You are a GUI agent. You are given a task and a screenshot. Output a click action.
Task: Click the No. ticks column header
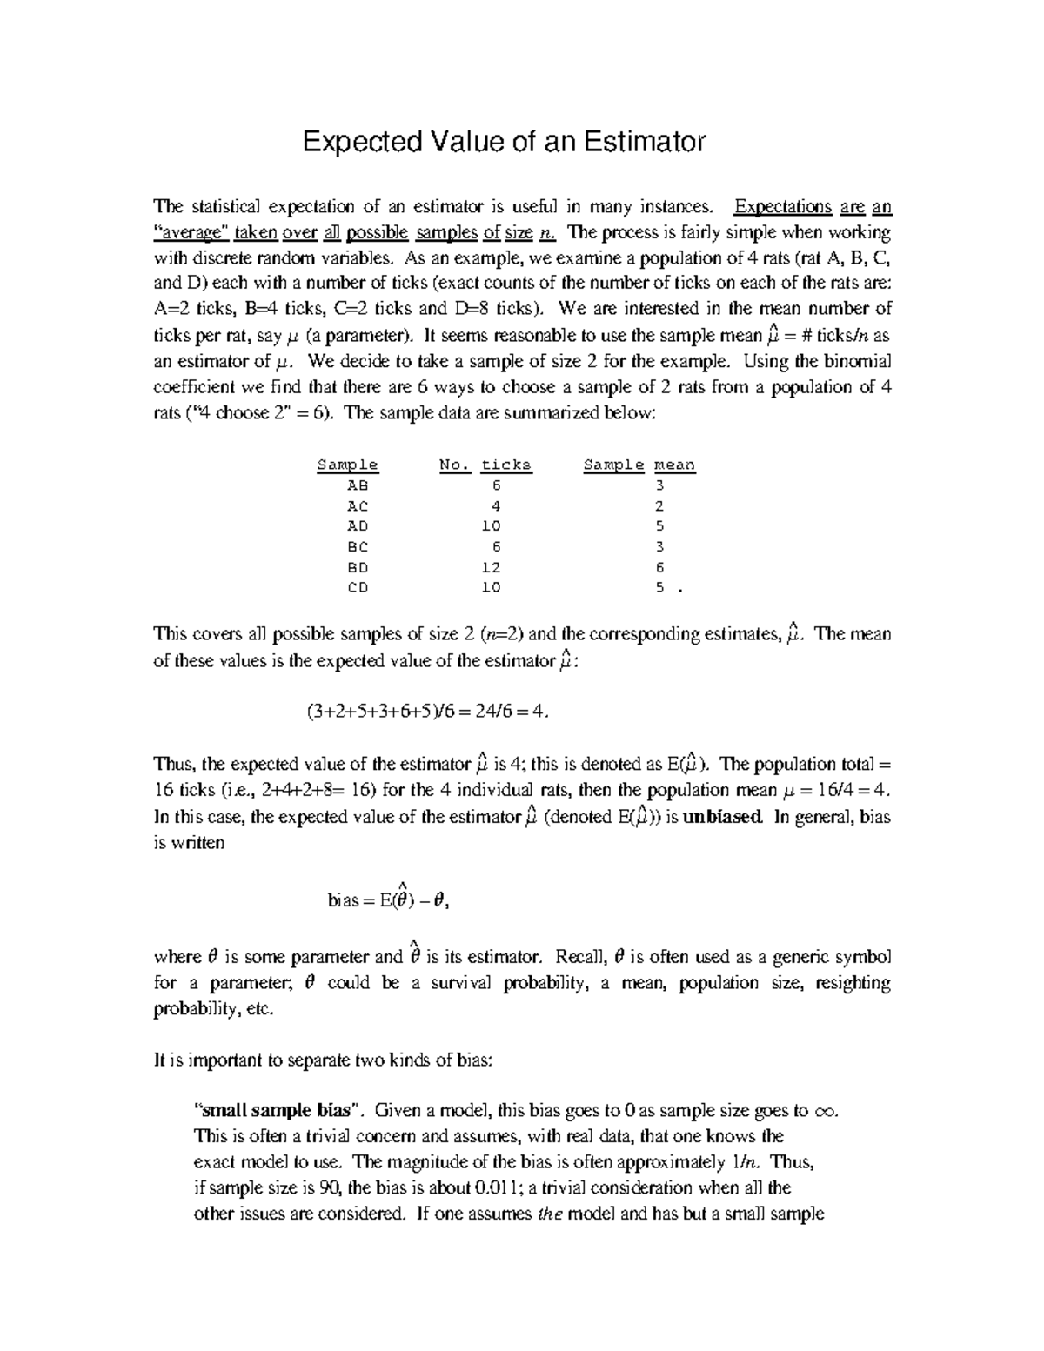tap(485, 465)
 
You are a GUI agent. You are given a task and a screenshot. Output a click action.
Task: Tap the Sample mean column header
tap(639, 465)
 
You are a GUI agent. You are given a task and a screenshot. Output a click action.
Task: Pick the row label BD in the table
tap(358, 567)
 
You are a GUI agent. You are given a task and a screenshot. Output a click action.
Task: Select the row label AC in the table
tap(358, 506)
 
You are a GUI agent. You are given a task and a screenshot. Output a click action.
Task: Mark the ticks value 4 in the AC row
tap(495, 506)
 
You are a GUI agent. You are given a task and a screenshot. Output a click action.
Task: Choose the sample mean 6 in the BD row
tap(659, 567)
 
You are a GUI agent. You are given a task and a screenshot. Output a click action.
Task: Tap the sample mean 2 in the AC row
tap(659, 506)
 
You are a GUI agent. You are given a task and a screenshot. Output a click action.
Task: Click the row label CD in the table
tap(358, 588)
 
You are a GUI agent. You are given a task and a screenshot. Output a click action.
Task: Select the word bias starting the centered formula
tap(343, 901)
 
